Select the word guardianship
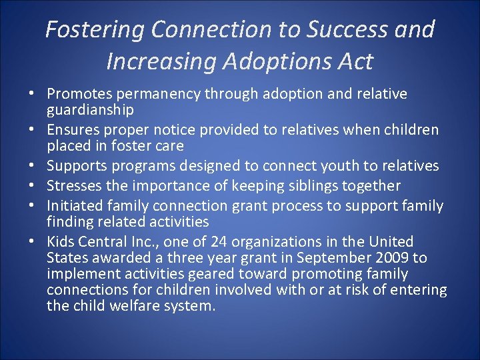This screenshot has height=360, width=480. pyautogui.click(x=90, y=109)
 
